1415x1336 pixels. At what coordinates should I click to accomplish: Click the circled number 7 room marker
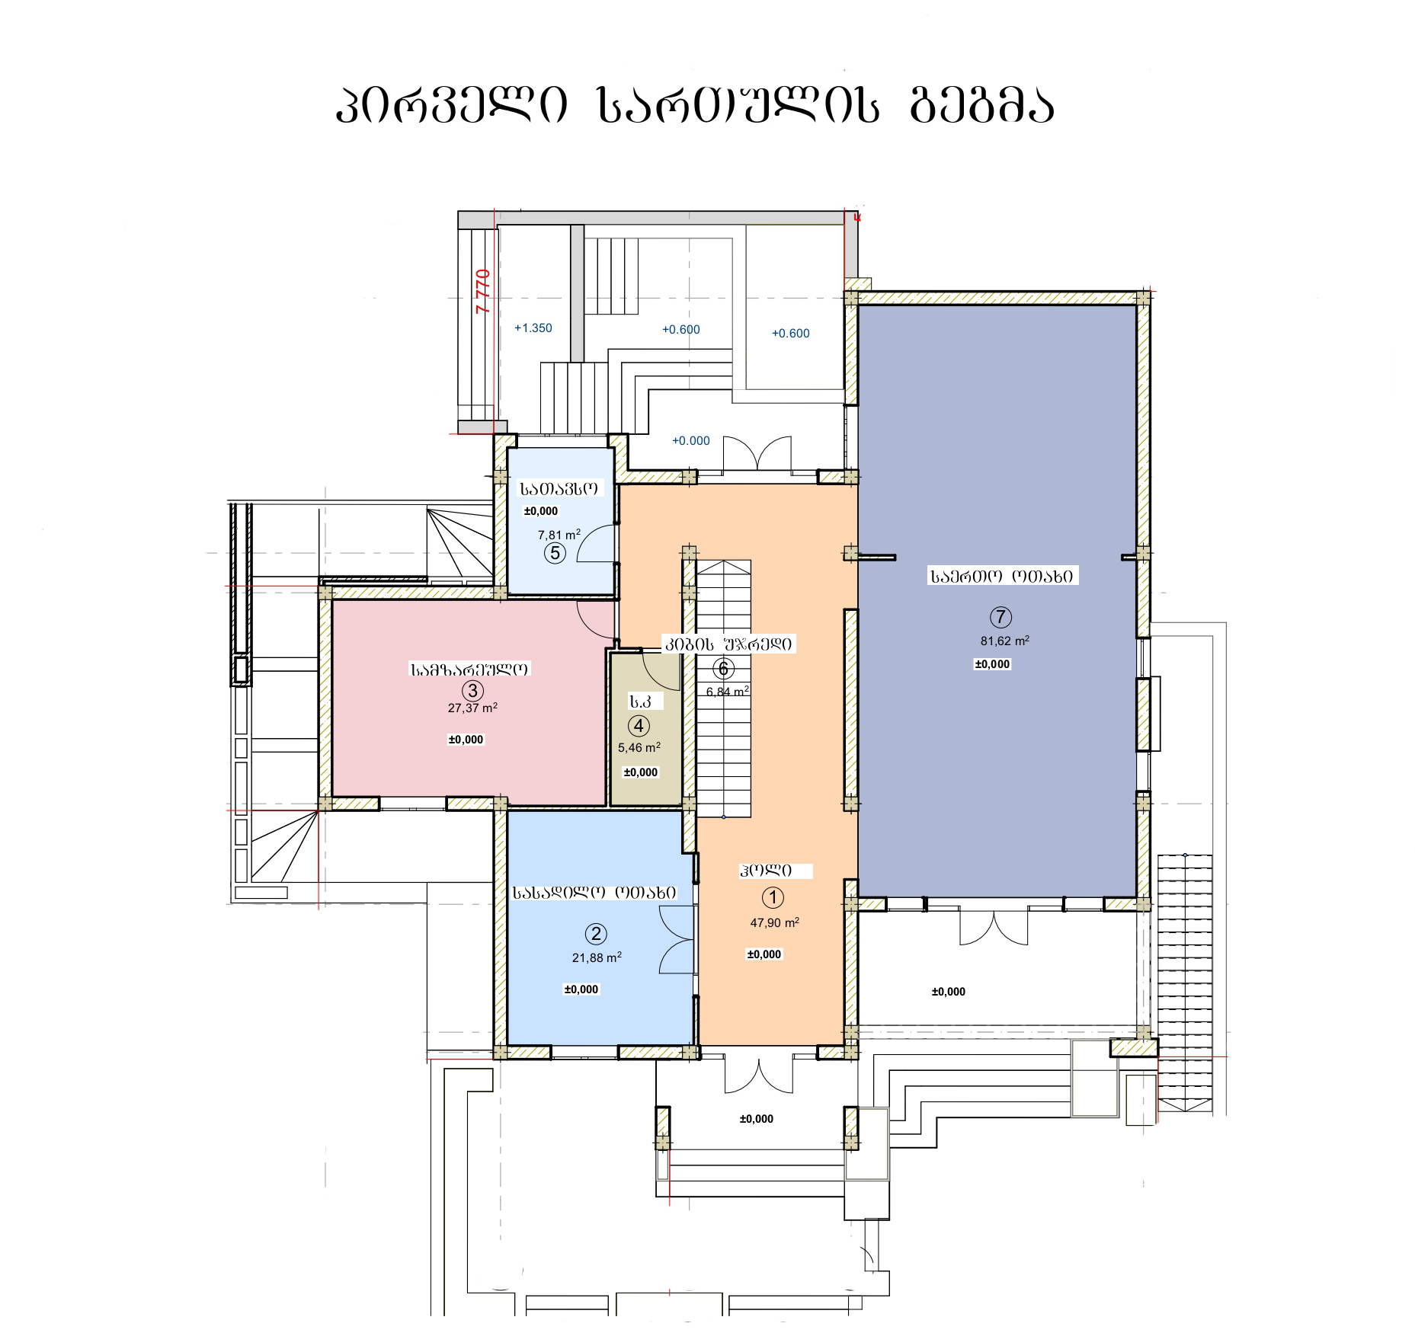tap(1000, 617)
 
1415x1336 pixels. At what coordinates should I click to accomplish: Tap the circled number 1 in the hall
tap(773, 898)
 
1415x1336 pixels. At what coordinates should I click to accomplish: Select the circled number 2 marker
tap(595, 934)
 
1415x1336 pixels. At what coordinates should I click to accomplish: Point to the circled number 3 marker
tap(473, 690)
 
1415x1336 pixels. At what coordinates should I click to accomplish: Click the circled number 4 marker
tap(639, 726)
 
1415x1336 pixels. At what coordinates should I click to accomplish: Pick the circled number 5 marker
tap(555, 552)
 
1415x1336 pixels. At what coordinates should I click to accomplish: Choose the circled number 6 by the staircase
tap(723, 670)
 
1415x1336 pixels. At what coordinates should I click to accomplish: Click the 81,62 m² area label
tap(1005, 641)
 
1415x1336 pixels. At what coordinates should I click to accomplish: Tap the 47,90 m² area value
tap(775, 922)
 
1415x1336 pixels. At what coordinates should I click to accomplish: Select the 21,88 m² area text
tap(597, 957)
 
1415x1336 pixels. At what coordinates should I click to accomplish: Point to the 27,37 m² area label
tap(473, 708)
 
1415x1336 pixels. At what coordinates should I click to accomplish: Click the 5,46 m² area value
tap(639, 747)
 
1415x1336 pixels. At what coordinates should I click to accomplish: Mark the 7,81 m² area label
tap(559, 535)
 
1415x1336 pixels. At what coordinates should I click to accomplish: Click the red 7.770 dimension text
tap(483, 291)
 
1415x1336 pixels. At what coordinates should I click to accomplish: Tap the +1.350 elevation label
tap(533, 328)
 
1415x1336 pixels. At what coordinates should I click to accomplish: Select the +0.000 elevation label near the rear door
tap(691, 441)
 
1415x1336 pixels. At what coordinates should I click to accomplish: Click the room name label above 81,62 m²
tap(1001, 577)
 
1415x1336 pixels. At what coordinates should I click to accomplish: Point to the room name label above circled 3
tap(469, 670)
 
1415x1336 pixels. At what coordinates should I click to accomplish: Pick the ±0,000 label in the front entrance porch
tap(757, 1119)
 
